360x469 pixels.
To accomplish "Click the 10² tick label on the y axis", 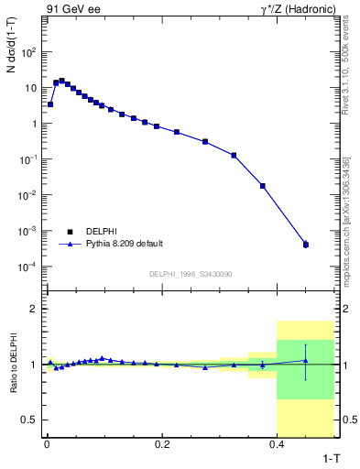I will tap(29, 52).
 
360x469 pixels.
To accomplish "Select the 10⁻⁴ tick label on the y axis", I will tap(29, 267).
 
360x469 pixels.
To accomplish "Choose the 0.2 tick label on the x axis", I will tap(162, 443).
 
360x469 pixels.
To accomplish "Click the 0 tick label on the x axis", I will tap(46, 443).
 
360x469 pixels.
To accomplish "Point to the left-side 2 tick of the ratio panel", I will tap(34, 309).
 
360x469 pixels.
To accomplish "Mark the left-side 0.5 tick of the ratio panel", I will tap(31, 420).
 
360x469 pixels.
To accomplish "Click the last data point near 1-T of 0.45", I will tap(306, 245).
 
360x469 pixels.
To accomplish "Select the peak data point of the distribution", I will tap(61, 81).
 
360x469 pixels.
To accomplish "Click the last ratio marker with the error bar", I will tap(306, 361).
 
